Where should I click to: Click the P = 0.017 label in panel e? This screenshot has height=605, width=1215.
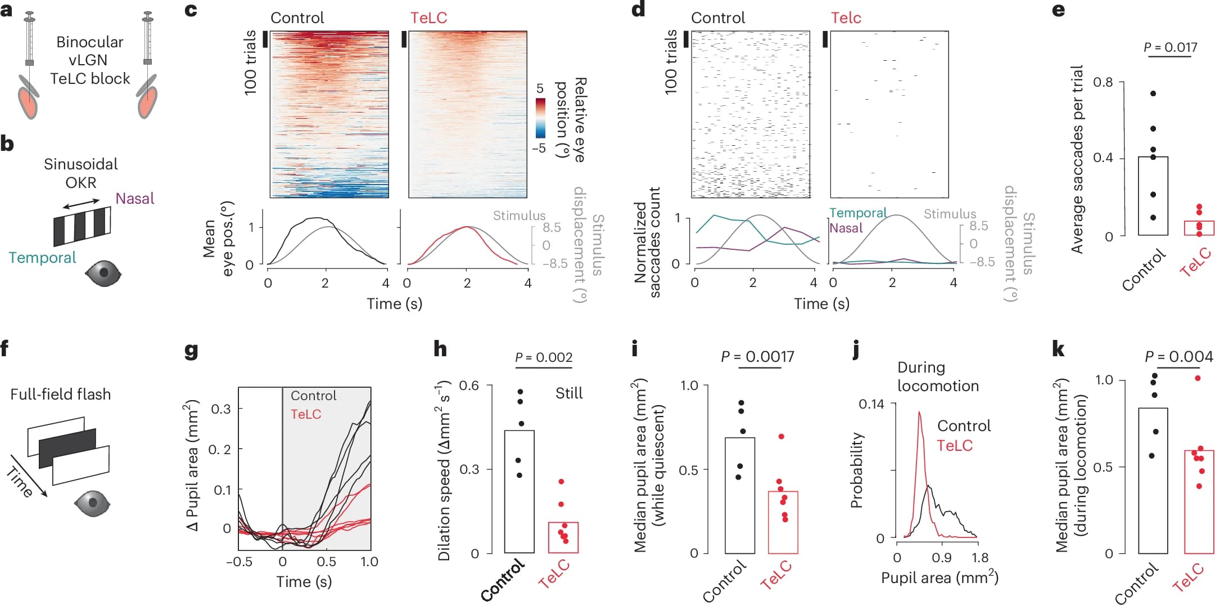1170,47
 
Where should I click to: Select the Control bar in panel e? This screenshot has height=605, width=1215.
1153,195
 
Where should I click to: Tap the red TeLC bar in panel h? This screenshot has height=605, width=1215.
563,537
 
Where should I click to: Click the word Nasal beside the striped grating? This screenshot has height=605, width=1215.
134,199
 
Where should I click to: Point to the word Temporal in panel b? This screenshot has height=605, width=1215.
42,258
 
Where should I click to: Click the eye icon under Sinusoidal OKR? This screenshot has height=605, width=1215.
103,274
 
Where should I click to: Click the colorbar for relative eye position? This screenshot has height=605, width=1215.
540,118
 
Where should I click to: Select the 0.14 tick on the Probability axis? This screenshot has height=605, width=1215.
871,404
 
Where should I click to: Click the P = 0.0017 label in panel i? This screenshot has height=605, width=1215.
757,357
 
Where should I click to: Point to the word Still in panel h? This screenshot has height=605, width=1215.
568,393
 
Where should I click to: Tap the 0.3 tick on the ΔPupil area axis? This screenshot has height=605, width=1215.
221,409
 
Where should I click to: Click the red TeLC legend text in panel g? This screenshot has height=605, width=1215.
306,414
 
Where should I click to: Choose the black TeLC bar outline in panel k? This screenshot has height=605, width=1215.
1199,501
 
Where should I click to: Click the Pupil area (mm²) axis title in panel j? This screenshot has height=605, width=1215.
939,578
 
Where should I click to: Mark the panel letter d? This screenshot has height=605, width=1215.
638,10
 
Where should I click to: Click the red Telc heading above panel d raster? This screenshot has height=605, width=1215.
846,18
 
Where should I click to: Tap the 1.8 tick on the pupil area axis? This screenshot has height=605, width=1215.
979,558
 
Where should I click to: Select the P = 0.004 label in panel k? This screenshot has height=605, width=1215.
1178,357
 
